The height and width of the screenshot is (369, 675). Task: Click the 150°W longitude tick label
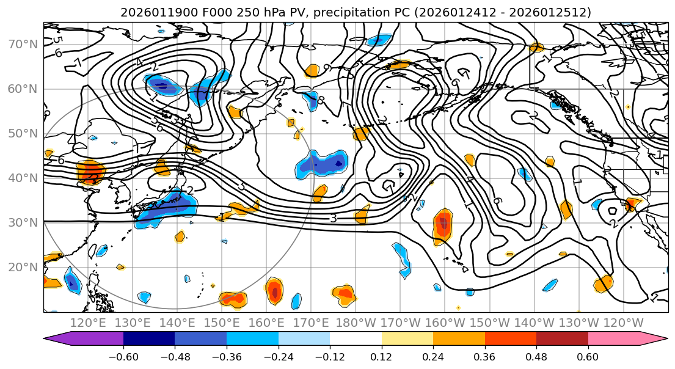point(489,323)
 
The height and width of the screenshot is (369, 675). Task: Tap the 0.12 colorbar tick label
point(381,355)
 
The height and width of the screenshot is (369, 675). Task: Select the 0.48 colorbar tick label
point(536,355)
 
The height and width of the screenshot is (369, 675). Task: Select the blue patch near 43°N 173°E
point(322,164)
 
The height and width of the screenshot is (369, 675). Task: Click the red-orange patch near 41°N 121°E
point(90,172)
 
